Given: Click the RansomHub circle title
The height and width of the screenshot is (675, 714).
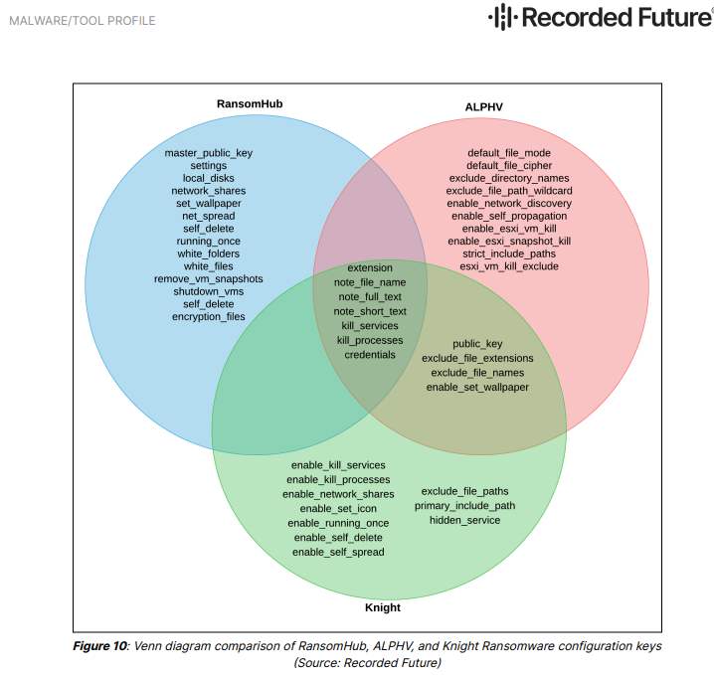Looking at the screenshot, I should [x=244, y=103].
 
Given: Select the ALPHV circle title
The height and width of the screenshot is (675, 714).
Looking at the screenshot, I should [x=483, y=106].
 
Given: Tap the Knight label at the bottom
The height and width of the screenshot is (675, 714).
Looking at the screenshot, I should [x=382, y=606].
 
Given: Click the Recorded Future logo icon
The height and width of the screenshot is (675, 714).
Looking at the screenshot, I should [x=503, y=18].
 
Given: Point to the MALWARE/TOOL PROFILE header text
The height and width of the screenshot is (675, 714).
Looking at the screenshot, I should [x=82, y=21].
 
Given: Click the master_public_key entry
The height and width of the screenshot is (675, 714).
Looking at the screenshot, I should [x=209, y=153].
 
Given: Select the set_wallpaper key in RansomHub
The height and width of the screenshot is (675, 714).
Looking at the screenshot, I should [x=209, y=203].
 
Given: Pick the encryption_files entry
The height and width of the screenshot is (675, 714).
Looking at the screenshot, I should [x=209, y=316].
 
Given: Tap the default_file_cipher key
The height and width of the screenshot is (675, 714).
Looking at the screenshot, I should [x=509, y=165].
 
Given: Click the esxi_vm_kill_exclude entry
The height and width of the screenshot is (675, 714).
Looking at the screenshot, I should [x=509, y=265].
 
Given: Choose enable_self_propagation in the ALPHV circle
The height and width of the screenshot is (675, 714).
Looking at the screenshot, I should [x=509, y=215].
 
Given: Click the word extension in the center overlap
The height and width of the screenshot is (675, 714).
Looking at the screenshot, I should [x=370, y=268].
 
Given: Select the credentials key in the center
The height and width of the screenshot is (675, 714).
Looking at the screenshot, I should [x=370, y=354].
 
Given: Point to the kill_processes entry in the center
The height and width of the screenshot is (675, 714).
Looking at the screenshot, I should [x=370, y=340].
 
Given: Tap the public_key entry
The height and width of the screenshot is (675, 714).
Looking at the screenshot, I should [x=477, y=344].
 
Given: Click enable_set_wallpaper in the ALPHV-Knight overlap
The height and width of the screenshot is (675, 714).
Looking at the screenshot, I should [x=477, y=387].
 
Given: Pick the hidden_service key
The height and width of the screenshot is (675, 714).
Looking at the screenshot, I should [x=465, y=520].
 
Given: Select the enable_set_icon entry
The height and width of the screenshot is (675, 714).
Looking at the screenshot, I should [x=338, y=508].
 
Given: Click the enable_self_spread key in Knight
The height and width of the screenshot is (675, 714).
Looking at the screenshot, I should [x=338, y=552].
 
